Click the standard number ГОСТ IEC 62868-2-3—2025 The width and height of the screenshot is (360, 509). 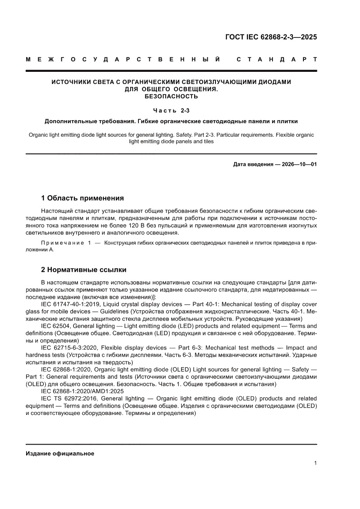pyautogui.click(x=270, y=37)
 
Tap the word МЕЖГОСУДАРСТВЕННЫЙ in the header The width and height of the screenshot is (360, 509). pyautogui.click(x=123, y=59)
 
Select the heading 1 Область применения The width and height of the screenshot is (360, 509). pyautogui.click(x=82, y=198)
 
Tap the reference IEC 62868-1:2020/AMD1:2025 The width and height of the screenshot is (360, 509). pyautogui.click(x=81, y=391)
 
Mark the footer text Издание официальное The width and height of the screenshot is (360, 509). pyautogui.click(x=60, y=453)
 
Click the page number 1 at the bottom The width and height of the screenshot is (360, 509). pyautogui.click(x=315, y=463)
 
